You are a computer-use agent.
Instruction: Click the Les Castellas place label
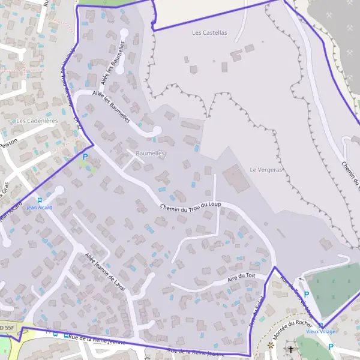coord(210,33)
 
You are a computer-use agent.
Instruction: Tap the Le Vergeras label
coord(266,170)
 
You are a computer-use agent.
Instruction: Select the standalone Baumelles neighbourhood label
coord(150,154)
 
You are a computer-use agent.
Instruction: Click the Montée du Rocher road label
coord(292,329)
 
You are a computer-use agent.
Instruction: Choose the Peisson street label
coord(8,145)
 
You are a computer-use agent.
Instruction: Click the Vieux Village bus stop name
coord(320,332)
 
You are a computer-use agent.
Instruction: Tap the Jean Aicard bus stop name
coord(40,208)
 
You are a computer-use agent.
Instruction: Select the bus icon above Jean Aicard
coord(40,200)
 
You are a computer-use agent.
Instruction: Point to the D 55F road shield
coord(7,328)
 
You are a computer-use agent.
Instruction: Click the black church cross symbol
coord(292,348)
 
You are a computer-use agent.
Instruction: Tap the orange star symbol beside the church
coord(271,346)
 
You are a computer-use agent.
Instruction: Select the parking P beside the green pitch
coord(307,295)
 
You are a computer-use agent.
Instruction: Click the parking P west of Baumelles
coord(85,157)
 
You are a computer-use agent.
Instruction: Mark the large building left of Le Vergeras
coord(236,179)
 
